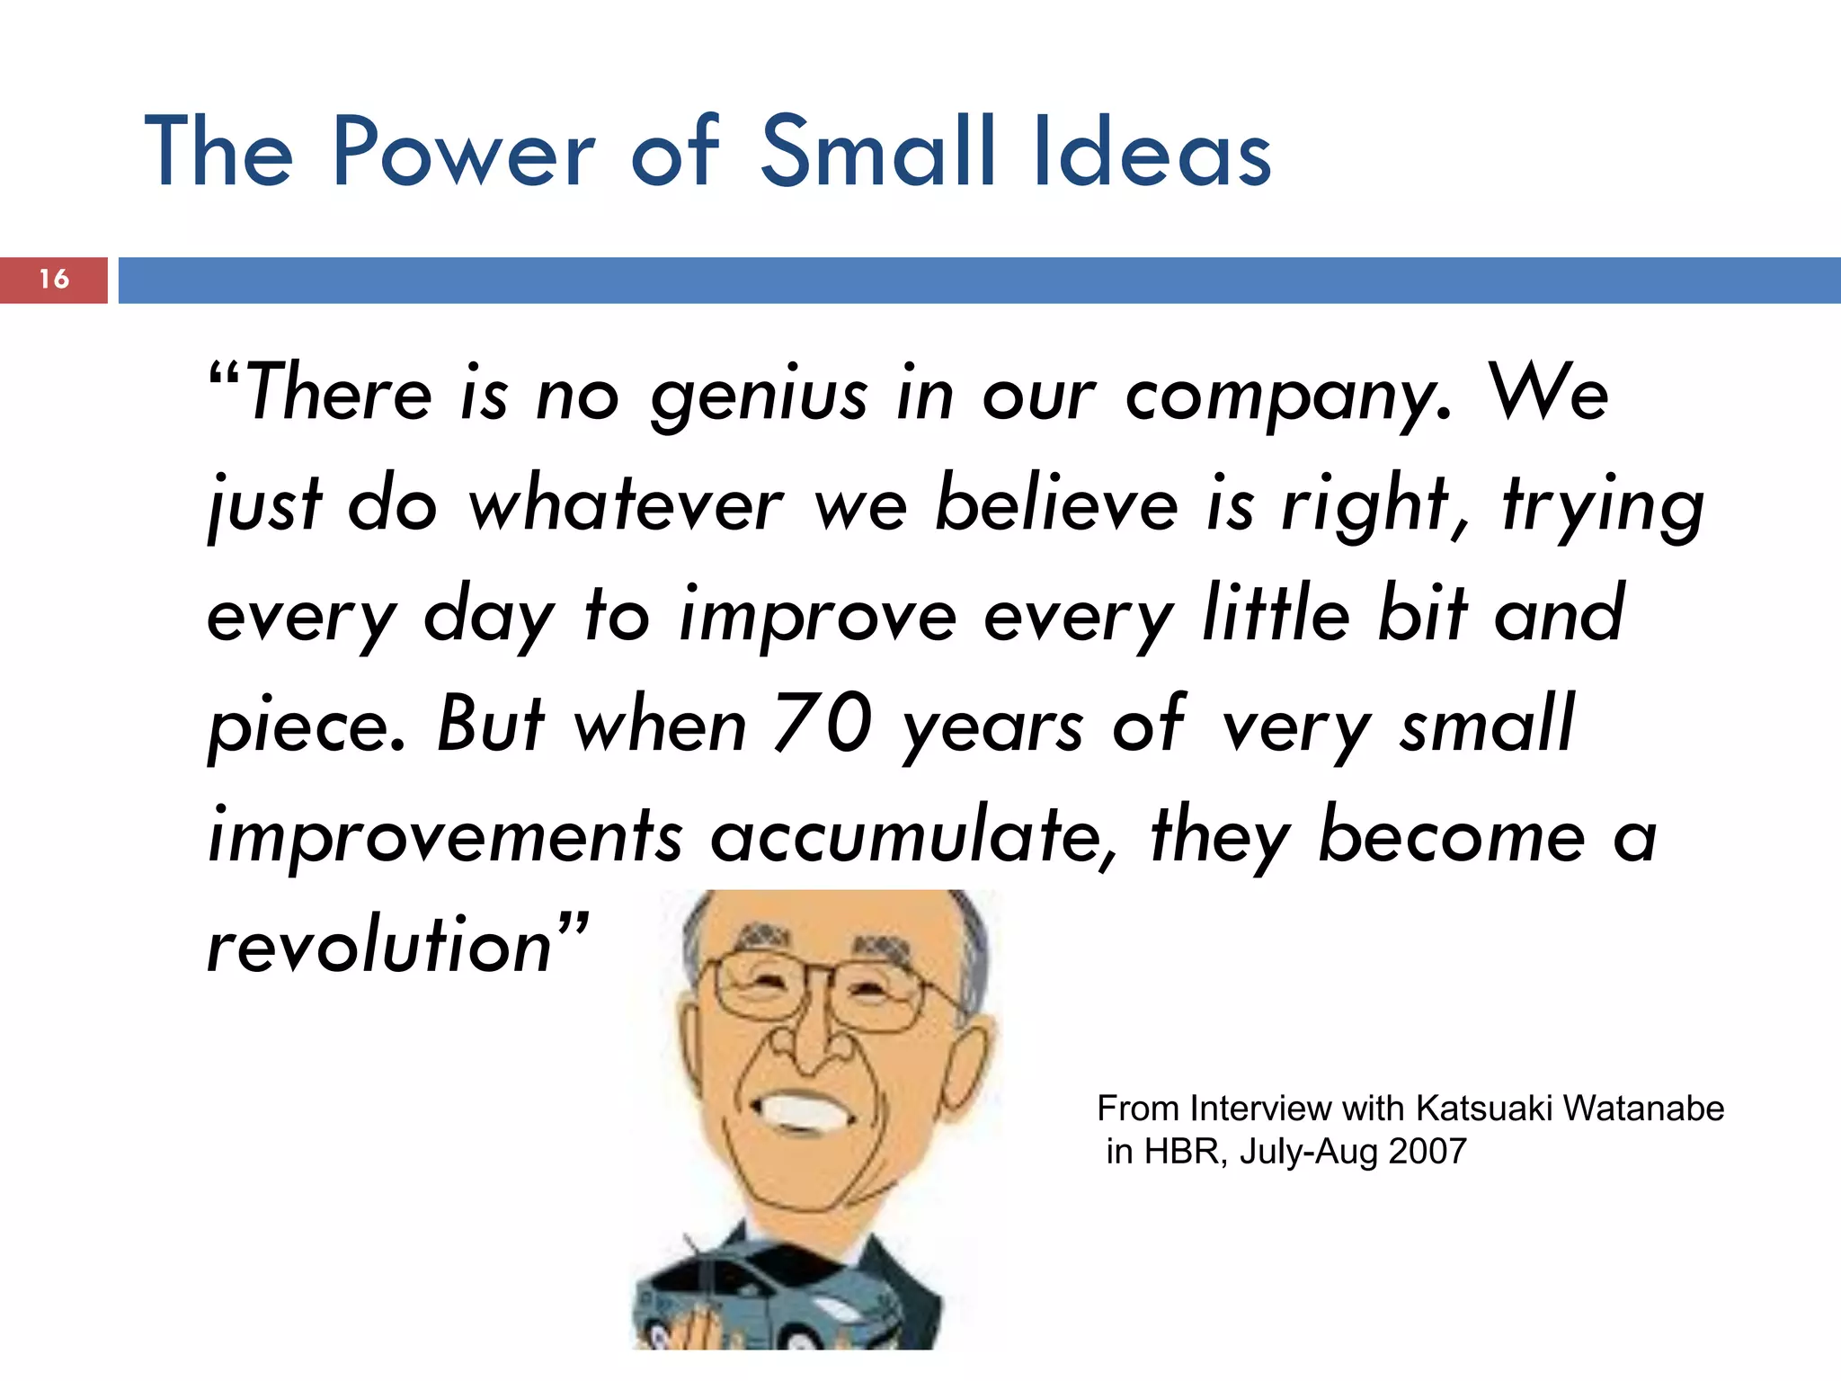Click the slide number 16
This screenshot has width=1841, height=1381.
pyautogui.click(x=54, y=279)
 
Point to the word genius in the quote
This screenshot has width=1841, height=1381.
pyautogui.click(x=760, y=396)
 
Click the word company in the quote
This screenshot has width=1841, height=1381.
pyautogui.click(x=1287, y=396)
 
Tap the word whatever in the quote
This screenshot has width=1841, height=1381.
pyautogui.click(x=626, y=506)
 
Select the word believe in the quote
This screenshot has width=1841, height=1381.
pyautogui.click(x=1056, y=504)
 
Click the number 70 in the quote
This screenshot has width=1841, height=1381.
pyautogui.click(x=823, y=725)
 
